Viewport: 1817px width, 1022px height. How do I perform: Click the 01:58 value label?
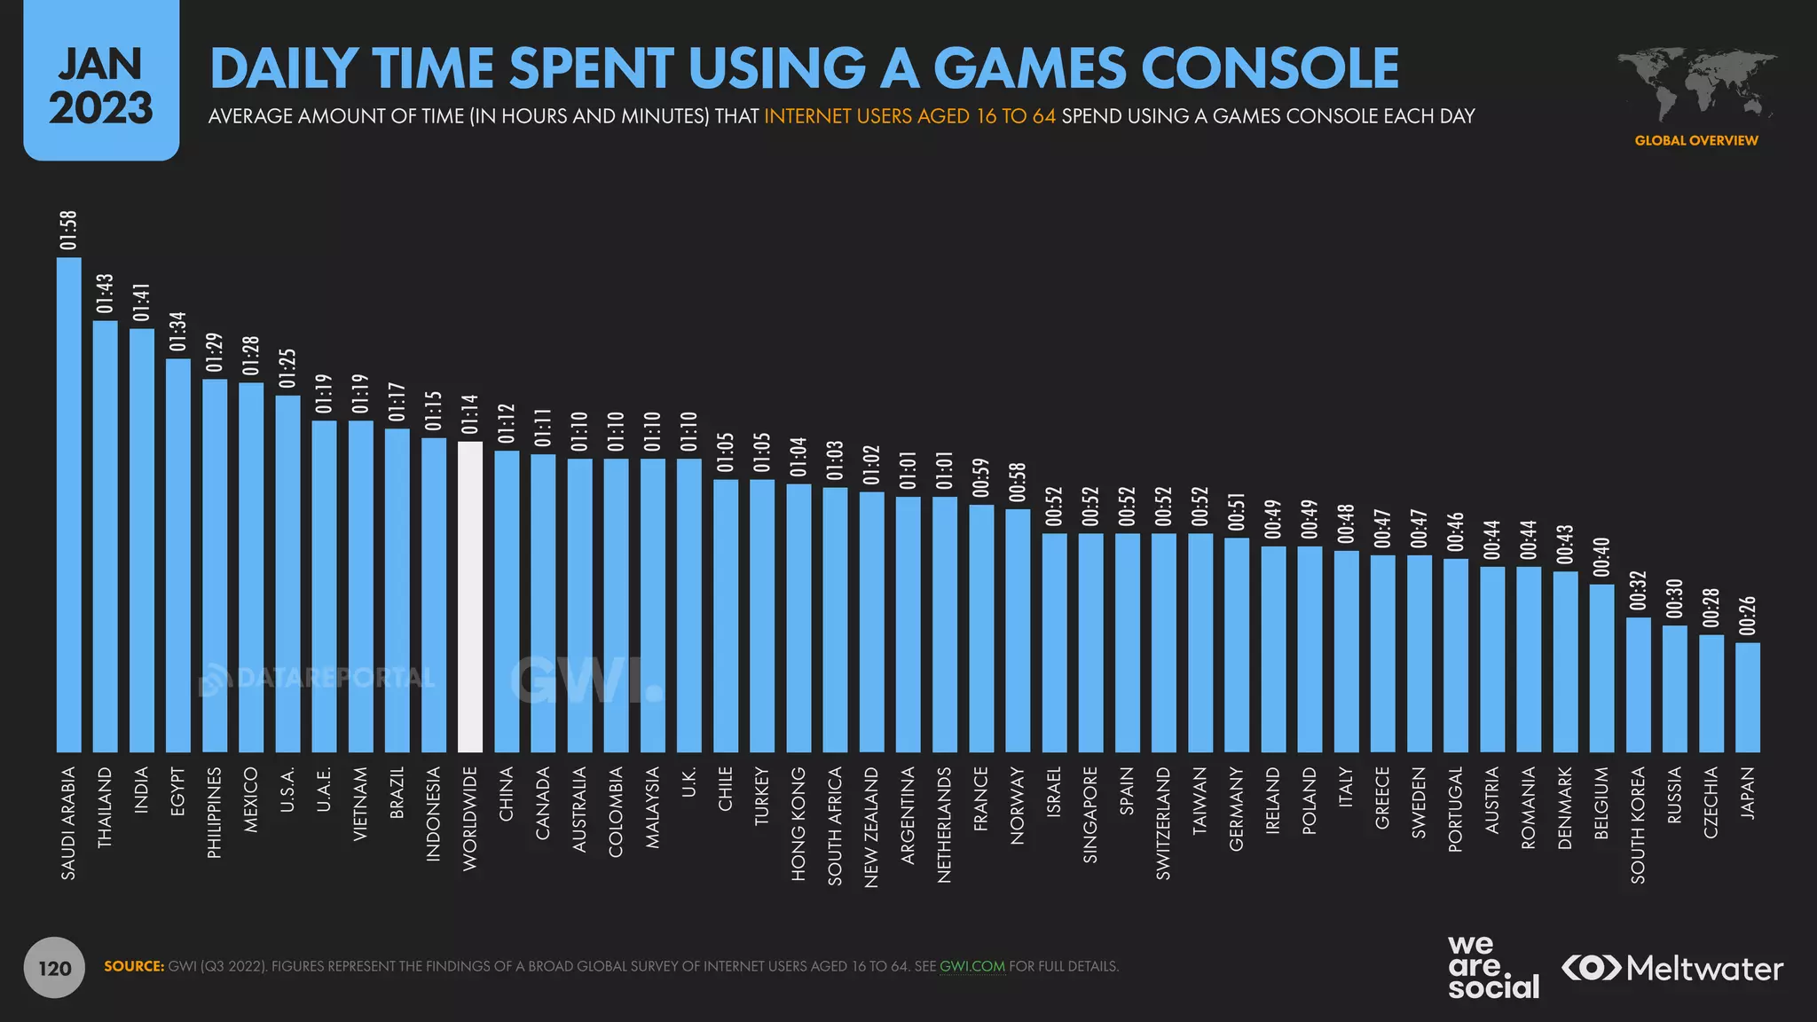(69, 231)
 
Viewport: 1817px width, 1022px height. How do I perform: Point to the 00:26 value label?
(1748, 616)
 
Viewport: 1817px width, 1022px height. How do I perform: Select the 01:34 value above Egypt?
(178, 332)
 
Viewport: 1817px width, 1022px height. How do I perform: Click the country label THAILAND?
(106, 807)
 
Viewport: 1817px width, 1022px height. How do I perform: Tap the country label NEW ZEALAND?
(871, 827)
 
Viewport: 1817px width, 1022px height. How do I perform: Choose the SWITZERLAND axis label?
(1163, 823)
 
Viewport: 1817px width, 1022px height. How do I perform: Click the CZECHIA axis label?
(1711, 802)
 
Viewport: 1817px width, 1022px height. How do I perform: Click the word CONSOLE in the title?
(1270, 68)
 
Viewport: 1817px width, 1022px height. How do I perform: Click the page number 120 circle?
(54, 968)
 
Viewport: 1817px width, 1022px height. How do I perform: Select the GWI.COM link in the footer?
(972, 966)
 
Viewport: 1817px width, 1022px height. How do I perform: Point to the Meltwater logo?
(1671, 968)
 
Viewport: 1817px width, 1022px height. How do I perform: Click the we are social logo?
(1493, 968)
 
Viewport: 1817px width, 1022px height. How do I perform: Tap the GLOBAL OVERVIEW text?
(1696, 140)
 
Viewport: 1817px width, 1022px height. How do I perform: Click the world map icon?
(1696, 84)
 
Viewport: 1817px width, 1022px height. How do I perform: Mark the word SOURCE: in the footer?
(134, 966)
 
